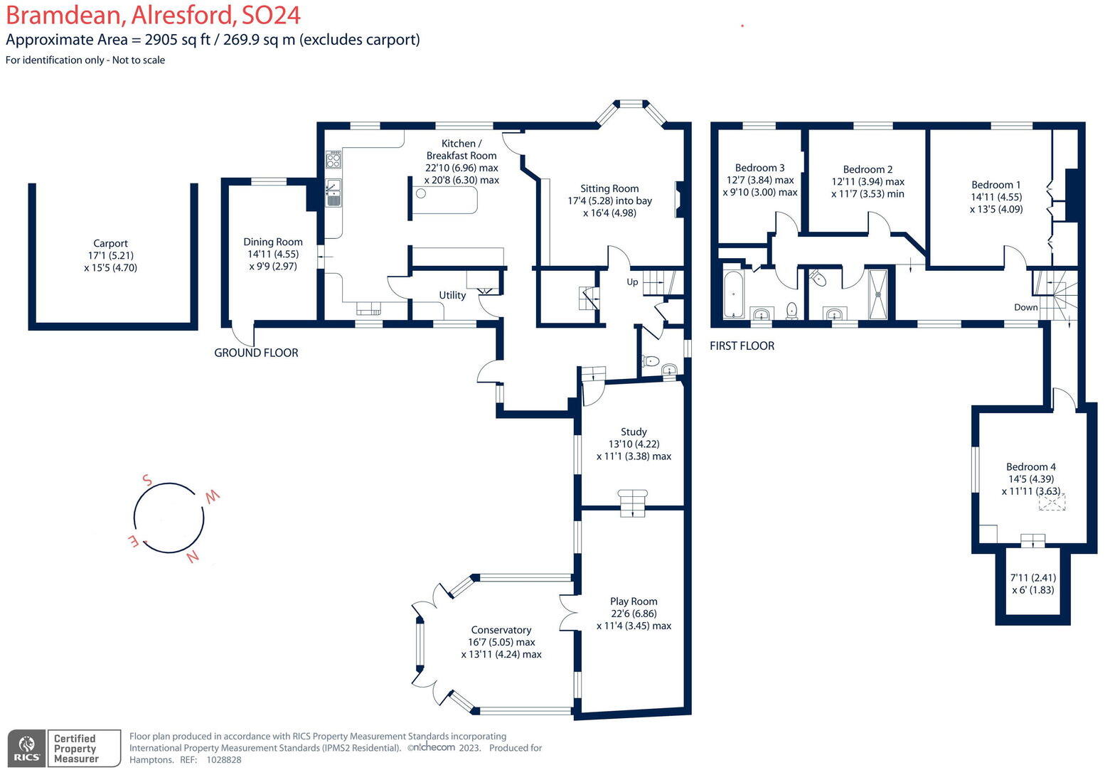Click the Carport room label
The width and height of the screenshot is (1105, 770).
tap(110, 243)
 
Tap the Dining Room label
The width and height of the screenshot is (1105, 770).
tap(273, 242)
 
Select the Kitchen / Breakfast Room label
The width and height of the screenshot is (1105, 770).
tap(461, 149)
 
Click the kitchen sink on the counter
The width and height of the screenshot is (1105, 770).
tap(333, 192)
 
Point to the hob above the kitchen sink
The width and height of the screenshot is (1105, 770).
tap(333, 159)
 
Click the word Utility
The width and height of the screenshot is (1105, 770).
tap(452, 295)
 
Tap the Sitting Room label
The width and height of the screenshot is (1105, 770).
tap(609, 188)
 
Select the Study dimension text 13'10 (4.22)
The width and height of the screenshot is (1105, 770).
tap(634, 444)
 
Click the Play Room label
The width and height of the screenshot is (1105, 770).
tap(634, 601)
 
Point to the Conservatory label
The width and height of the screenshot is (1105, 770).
tap(501, 630)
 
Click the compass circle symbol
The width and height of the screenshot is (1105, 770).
tap(169, 518)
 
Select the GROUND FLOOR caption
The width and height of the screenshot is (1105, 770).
tap(256, 353)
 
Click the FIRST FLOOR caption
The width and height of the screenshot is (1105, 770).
tap(742, 346)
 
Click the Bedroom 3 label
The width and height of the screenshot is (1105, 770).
tap(759, 168)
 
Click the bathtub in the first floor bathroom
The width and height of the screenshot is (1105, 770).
tap(733, 295)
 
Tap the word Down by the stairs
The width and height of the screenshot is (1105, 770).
tap(1025, 307)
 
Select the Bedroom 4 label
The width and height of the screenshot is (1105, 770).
tap(1030, 466)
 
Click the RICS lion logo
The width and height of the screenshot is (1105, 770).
tap(27, 748)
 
